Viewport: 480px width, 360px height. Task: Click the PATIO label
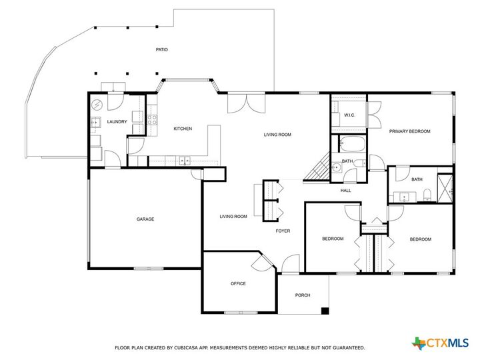pyautogui.click(x=161, y=50)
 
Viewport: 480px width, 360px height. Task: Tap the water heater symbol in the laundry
pyautogui.click(x=96, y=105)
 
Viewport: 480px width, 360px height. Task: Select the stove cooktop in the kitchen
pyautogui.click(x=151, y=121)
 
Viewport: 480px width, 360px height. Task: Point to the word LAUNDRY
pyautogui.click(x=117, y=122)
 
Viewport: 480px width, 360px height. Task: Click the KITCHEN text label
pyautogui.click(x=183, y=129)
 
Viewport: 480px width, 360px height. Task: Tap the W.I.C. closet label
pyautogui.click(x=349, y=115)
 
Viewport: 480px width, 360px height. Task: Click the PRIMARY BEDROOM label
pyautogui.click(x=410, y=131)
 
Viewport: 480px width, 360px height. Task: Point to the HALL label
pyautogui.click(x=345, y=191)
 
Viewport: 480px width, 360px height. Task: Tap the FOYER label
pyautogui.click(x=283, y=231)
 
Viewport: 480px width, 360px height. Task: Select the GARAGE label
pyautogui.click(x=145, y=219)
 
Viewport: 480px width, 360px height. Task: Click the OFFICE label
pyautogui.click(x=238, y=283)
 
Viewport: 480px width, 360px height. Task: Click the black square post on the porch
pyautogui.click(x=325, y=310)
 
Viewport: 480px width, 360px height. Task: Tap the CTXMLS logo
pyautogui.click(x=441, y=343)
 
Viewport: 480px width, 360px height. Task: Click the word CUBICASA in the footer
pyautogui.click(x=182, y=347)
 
